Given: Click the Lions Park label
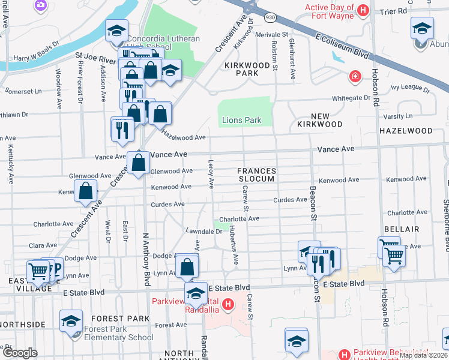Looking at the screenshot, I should pos(242,120).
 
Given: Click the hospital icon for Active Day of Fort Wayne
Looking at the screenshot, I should pos(363,10).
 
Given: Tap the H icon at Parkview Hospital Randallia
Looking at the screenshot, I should pos(228,305).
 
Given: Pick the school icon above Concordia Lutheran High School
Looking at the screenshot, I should pos(116,31).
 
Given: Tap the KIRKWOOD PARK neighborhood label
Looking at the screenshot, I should pos(241,68).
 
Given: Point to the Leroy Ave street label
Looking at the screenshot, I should pos(211,174).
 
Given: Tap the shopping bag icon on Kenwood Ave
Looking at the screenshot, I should pos(86,191).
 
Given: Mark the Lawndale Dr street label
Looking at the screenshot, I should pos(204,231).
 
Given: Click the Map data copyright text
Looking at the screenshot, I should pos(423,355).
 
